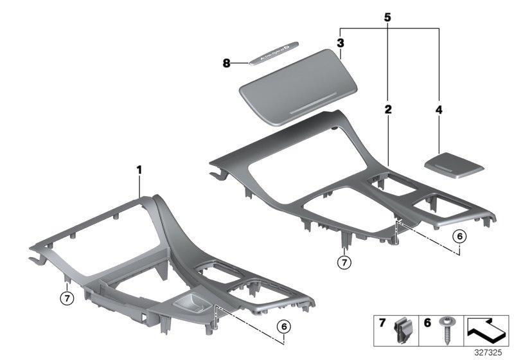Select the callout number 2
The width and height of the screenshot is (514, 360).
(388, 111)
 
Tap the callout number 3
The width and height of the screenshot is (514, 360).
(341, 43)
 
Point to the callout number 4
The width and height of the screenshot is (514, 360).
(439, 111)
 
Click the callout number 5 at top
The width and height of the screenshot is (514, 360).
(387, 18)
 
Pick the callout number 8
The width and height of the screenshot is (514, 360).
(226, 62)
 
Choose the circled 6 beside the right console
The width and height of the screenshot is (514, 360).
(458, 237)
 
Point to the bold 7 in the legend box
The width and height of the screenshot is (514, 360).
(382, 323)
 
